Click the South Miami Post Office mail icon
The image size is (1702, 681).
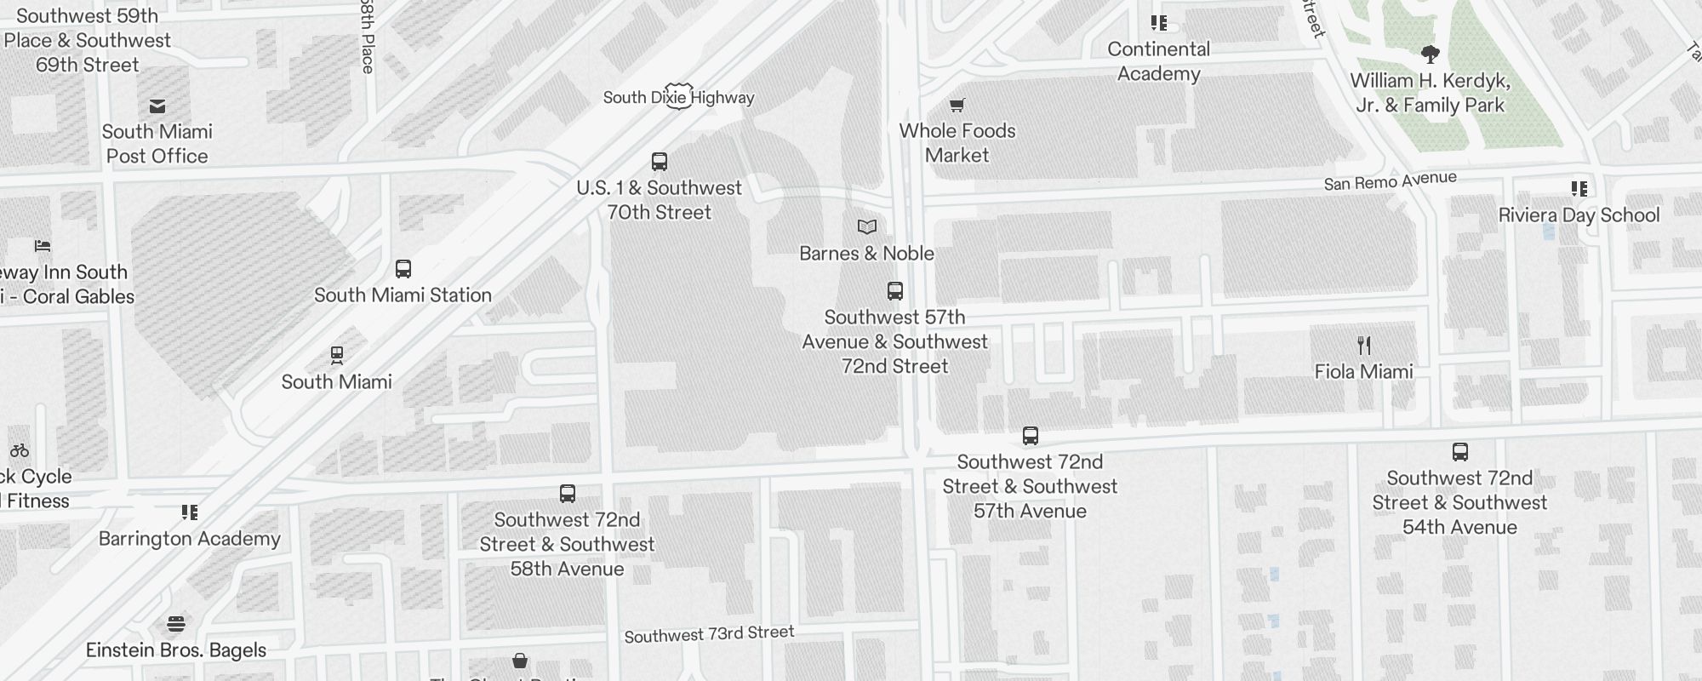coord(157,106)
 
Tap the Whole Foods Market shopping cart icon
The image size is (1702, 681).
coord(957,106)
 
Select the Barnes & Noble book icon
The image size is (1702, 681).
coord(866,227)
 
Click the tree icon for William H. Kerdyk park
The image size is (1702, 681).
coord(1431,54)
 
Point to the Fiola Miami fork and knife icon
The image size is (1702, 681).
coord(1364,346)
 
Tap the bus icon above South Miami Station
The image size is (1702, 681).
coord(403,269)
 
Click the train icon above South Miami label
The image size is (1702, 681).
coord(337,355)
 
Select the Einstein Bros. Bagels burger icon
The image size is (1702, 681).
coord(176,624)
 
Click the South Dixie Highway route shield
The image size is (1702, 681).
coord(678,96)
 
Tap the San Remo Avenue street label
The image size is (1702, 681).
coord(1390,181)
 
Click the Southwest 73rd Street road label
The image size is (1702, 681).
coord(709,634)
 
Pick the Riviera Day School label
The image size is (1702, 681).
coord(1579,215)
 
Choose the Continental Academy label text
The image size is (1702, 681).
coord(1158,61)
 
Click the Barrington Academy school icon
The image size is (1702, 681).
coord(190,512)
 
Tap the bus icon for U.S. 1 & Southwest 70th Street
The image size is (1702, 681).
coord(659,162)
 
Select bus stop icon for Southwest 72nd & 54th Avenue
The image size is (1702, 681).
coord(1459,452)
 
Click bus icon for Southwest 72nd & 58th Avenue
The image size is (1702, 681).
coord(568,494)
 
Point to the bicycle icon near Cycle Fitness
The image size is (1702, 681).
coord(20,450)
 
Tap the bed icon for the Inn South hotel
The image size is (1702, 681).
coord(43,246)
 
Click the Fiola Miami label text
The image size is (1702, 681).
coord(1363,372)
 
